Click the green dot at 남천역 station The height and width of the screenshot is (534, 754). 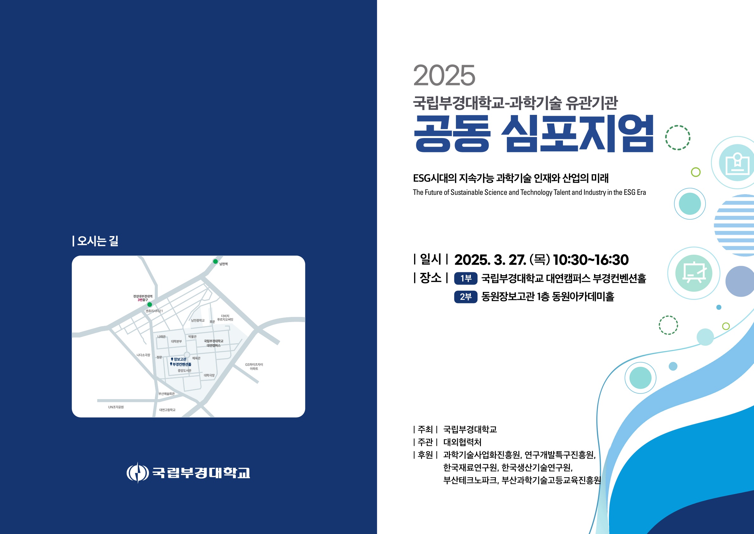pyautogui.click(x=215, y=261)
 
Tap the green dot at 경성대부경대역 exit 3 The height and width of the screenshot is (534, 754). pyautogui.click(x=150, y=305)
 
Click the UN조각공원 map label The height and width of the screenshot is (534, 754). pyautogui.click(x=116, y=407)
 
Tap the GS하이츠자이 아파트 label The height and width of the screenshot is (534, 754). pyautogui.click(x=254, y=367)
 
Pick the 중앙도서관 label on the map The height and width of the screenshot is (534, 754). pyautogui.click(x=184, y=371)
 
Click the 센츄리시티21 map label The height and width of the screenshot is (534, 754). pyautogui.click(x=154, y=311)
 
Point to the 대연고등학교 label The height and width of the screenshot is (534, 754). pyautogui.click(x=167, y=410)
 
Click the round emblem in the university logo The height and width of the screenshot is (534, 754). pyautogui.click(x=137, y=472)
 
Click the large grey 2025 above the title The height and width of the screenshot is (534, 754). pyautogui.click(x=444, y=76)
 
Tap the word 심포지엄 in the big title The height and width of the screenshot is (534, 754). pyautogui.click(x=577, y=134)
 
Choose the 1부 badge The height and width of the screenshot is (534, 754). pyautogui.click(x=466, y=279)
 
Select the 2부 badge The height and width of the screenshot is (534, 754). pyautogui.click(x=466, y=297)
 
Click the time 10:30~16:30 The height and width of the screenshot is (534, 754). pyautogui.click(x=591, y=260)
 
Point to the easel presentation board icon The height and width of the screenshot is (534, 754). pyautogui.click(x=694, y=273)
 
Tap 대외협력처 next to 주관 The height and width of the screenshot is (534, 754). pyautogui.click(x=463, y=442)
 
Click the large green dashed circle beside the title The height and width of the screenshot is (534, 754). pyautogui.click(x=678, y=138)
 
